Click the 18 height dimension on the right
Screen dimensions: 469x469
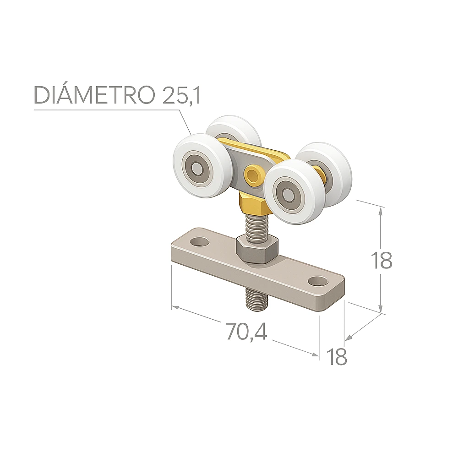pos(381,260)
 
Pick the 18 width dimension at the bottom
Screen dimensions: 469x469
pos(336,356)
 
